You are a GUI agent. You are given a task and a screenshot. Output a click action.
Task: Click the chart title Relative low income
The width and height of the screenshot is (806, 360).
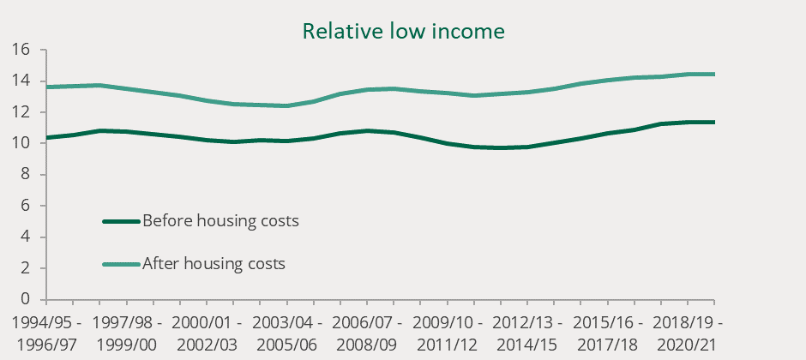coord(403,32)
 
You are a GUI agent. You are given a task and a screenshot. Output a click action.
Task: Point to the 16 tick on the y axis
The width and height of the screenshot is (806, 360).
coord(22,51)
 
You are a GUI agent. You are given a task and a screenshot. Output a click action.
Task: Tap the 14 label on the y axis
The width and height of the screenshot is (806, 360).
coord(22,81)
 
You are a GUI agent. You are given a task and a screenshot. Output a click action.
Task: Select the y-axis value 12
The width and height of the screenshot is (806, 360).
coord(22,112)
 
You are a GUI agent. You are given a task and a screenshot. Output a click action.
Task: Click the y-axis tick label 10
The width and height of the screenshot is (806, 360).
coord(22,144)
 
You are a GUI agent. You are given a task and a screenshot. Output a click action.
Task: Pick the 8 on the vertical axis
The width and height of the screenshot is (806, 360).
coord(27,175)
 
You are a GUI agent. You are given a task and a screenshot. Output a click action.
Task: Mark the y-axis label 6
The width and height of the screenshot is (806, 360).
coord(27,206)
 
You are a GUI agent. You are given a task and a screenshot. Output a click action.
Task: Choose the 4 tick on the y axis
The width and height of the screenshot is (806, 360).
coord(27,237)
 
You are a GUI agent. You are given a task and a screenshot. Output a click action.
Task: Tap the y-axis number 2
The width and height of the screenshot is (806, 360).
coord(27,268)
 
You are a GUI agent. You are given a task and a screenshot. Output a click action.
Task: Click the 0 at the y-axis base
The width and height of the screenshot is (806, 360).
coord(27,299)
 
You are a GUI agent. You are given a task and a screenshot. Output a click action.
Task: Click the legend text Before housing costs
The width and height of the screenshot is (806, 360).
coord(220,221)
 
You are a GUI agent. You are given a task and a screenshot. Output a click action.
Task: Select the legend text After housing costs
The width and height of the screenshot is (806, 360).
coord(214,264)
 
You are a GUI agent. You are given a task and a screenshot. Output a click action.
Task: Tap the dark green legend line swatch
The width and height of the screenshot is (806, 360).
coord(120,221)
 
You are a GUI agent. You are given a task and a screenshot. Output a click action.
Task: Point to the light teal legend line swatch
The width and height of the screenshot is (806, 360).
coord(120,264)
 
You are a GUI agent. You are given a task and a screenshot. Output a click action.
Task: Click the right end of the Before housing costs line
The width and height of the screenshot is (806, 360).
coord(714,123)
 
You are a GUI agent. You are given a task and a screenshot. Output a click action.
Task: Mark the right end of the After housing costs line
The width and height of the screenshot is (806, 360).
coord(714,75)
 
